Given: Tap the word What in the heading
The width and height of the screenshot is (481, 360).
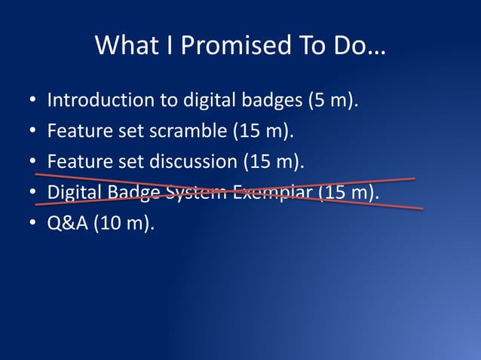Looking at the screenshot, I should [x=121, y=46].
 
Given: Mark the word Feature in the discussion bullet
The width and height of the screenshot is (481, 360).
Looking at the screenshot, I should [x=76, y=161].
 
